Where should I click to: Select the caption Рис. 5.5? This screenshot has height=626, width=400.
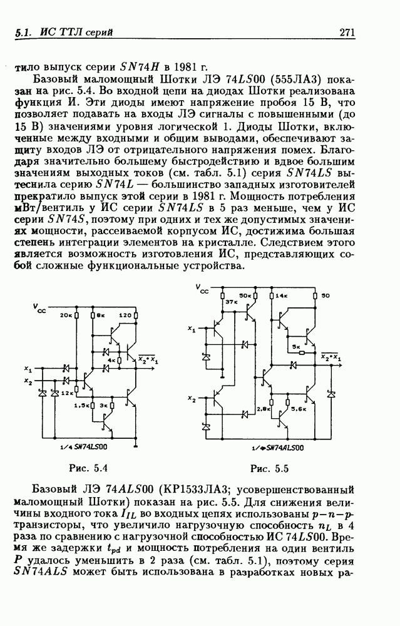(269, 468)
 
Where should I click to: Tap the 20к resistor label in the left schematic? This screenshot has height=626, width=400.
(67, 315)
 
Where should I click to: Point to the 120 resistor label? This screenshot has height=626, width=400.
(125, 315)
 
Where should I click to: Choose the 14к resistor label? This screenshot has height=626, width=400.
(280, 295)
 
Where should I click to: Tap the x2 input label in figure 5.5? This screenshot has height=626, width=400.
(192, 399)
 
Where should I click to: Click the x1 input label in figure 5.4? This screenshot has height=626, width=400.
(28, 368)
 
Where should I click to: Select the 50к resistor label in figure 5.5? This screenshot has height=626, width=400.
(245, 295)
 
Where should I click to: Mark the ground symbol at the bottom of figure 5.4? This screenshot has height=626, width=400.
(135, 445)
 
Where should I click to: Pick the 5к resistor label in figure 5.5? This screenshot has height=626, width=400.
(295, 346)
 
